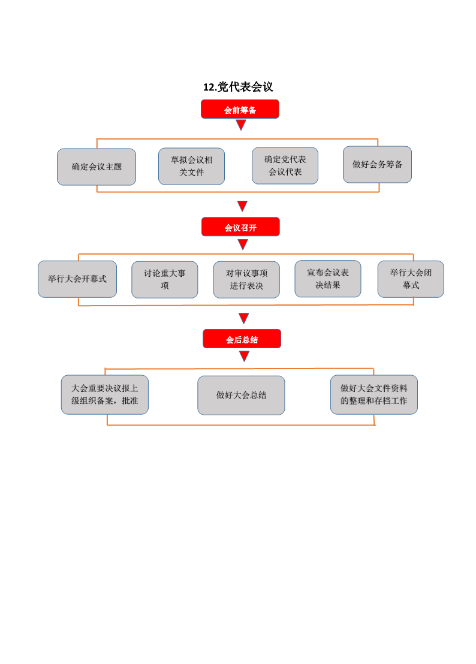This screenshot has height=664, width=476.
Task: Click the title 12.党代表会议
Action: click(x=238, y=87)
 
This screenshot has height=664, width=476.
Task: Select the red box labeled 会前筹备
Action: click(x=240, y=109)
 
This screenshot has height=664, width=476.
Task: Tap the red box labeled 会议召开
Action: click(x=240, y=227)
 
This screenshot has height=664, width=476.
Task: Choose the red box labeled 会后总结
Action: click(x=242, y=339)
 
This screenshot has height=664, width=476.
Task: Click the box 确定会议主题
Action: click(x=97, y=167)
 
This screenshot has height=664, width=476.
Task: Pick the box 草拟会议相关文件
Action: click(x=191, y=166)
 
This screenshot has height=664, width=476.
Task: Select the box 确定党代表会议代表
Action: click(x=285, y=165)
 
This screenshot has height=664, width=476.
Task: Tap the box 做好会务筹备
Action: click(x=377, y=165)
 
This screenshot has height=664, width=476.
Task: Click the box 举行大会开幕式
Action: click(x=77, y=279)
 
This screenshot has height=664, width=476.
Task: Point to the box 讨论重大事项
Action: click(x=165, y=279)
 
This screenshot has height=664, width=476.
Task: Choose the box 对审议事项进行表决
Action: click(x=246, y=279)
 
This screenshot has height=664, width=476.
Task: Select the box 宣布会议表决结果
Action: click(x=328, y=279)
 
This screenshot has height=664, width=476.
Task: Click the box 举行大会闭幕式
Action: click(x=411, y=279)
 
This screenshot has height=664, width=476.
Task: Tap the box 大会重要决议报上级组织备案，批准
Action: click(x=104, y=395)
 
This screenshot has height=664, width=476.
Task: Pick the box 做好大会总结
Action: click(x=241, y=396)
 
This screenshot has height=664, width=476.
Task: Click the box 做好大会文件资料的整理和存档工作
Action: click(x=374, y=395)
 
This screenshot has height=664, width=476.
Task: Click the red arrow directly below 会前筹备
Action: click(x=241, y=125)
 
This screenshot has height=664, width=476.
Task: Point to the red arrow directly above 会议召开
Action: click(x=242, y=206)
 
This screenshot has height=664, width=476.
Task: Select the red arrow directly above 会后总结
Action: click(x=243, y=318)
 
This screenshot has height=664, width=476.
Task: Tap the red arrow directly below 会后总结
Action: click(x=245, y=357)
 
